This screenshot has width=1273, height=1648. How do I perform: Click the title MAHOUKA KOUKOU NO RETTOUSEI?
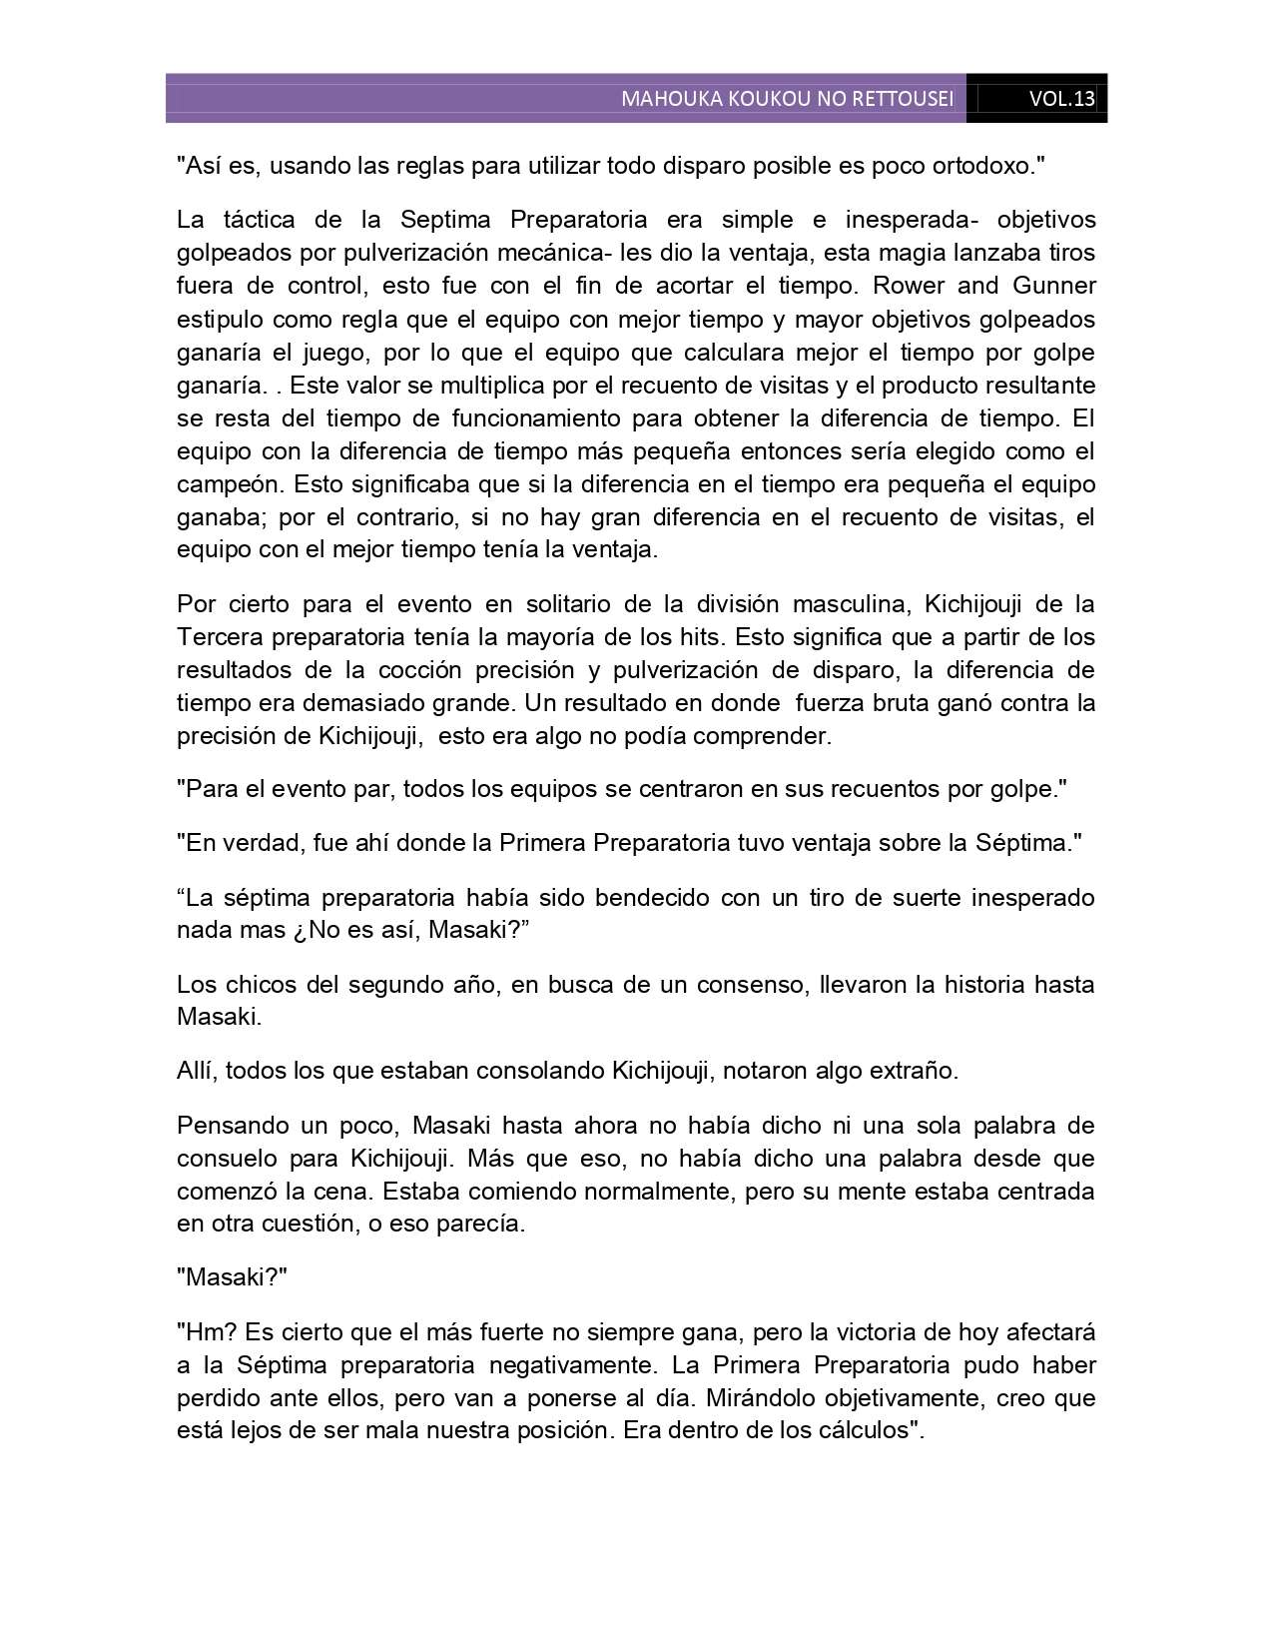pos(787,99)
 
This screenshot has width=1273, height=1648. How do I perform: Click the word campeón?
pos(227,484)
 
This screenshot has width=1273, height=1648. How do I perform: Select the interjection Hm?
pos(211,1332)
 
